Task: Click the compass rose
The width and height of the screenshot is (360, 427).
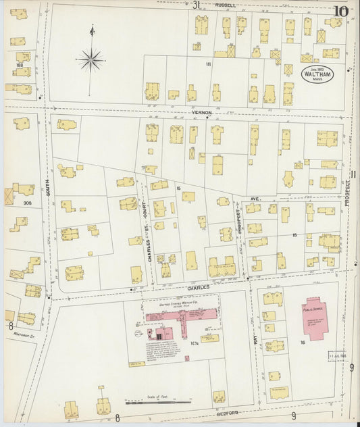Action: click(91, 59)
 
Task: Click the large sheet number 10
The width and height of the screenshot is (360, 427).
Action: click(340, 11)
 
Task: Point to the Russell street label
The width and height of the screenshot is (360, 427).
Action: click(225, 5)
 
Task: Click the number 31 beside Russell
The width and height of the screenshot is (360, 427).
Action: click(196, 5)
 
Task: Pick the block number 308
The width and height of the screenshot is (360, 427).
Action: click(27, 202)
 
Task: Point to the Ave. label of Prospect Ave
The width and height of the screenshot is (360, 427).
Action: click(255, 200)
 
